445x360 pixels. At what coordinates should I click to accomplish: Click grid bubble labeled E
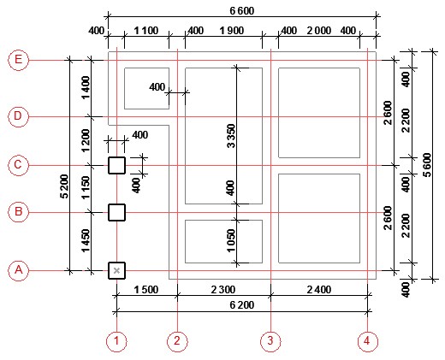(18, 60)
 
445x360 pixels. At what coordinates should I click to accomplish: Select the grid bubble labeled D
(18, 116)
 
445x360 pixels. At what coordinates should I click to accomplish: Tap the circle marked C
(18, 165)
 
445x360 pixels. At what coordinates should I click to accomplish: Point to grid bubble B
(18, 212)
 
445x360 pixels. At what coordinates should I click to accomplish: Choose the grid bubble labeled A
(18, 270)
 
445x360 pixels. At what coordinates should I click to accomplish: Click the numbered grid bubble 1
(116, 341)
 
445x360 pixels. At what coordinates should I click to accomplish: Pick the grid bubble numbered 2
(177, 341)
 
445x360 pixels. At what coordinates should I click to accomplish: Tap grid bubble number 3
(270, 341)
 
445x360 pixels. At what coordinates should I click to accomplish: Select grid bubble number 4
(367, 341)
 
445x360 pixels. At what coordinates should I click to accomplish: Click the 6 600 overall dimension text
(242, 11)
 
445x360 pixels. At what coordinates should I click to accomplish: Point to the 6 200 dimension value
(242, 305)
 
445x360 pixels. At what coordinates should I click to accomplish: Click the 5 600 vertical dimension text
(427, 165)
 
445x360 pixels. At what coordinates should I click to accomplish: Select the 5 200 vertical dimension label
(64, 186)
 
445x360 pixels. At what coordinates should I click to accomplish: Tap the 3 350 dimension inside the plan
(231, 136)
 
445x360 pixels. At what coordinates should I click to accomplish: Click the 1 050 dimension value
(231, 240)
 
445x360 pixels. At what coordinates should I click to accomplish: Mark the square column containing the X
(116, 270)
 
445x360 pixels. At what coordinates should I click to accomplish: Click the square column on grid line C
(116, 165)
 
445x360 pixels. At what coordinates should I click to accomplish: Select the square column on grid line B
(116, 212)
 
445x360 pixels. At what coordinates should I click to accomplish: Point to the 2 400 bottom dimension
(319, 290)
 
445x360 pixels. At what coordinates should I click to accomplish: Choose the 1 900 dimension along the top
(232, 31)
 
